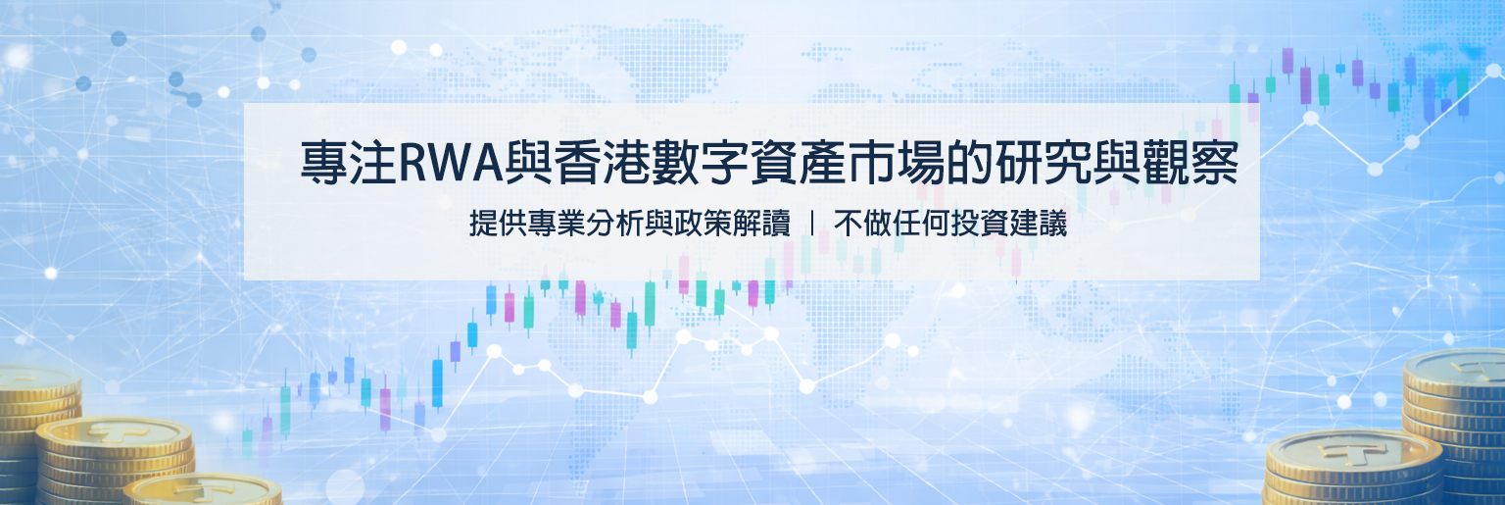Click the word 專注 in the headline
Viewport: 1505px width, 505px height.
(349, 163)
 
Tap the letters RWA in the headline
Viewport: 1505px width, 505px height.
(450, 164)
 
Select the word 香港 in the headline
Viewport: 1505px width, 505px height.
(602, 163)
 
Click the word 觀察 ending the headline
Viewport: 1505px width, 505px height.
(1189, 163)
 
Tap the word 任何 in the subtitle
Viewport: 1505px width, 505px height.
(921, 224)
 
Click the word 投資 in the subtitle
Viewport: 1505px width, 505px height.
(980, 224)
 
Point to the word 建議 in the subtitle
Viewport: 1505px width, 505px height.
(1038, 224)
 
